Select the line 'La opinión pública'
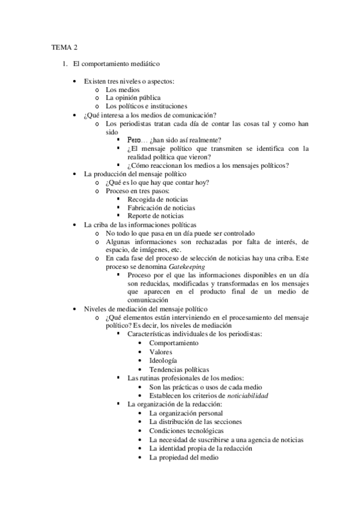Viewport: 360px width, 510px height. [133, 98]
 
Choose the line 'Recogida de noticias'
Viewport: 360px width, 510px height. [157, 199]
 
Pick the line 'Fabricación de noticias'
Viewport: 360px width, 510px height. [161, 207]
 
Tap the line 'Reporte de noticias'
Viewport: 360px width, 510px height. [156, 216]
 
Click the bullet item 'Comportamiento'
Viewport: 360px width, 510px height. [174, 343]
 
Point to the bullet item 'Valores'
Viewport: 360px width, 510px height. [161, 352]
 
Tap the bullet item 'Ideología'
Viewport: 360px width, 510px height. [163, 360]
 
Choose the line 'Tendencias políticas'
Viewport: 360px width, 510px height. [179, 369]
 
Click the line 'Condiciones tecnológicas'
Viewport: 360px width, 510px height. [187, 431]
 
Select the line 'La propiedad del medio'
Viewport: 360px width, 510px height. [184, 457]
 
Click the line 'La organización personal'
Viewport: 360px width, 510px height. [186, 413]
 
